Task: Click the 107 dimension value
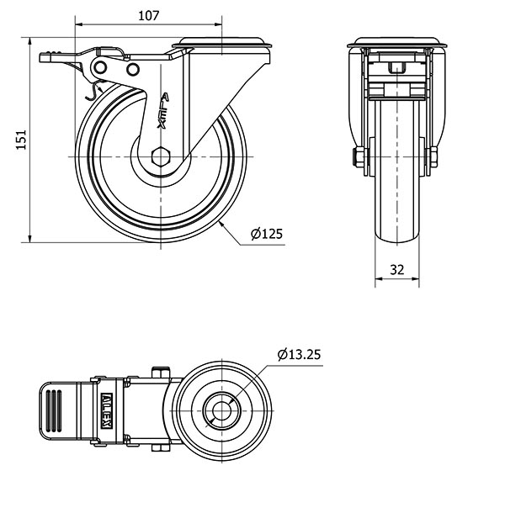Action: tap(148, 16)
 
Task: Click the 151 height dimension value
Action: tap(21, 140)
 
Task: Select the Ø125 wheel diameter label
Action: tap(267, 234)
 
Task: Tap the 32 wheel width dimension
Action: tap(397, 270)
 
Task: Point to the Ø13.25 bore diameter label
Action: tap(300, 354)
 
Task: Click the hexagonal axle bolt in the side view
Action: tap(161, 156)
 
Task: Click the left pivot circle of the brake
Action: tap(100, 68)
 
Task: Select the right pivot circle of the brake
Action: tap(133, 69)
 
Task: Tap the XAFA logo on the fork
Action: tap(163, 110)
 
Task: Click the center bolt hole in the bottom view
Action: tap(221, 410)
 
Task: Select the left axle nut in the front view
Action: tap(358, 156)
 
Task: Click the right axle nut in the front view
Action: tap(433, 156)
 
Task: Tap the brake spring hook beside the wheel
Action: tap(94, 91)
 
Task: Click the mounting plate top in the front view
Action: tap(397, 43)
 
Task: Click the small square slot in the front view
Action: tap(397, 68)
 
